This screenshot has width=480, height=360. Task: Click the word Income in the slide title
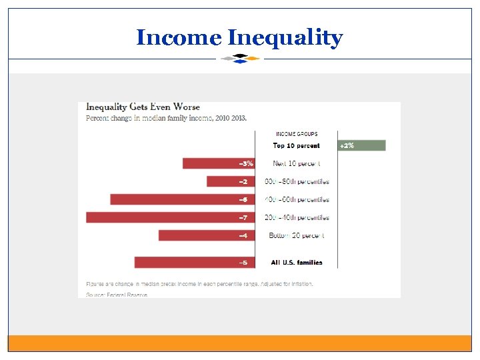coord(177,37)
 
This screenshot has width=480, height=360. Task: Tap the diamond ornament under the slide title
coord(240,58)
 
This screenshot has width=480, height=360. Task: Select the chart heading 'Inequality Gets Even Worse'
coord(139,107)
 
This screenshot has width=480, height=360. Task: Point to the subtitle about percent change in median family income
coord(166,118)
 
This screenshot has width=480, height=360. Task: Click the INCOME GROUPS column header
coord(297,134)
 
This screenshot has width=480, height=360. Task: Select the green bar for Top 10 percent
coord(361,145)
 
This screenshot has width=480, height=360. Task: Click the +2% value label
coord(347,145)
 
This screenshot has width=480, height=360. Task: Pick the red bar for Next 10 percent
coord(211,163)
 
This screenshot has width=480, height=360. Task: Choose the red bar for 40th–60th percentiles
coord(175,199)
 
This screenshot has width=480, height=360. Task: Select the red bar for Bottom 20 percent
coord(199,235)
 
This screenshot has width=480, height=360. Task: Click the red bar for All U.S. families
coord(187,263)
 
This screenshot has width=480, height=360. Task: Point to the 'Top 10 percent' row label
coord(296,146)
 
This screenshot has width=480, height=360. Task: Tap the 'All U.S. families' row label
coord(297,263)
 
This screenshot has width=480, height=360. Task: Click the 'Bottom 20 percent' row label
coord(297,235)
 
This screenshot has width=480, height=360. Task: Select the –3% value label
coord(246,163)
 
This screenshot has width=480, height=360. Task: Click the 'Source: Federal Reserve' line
coord(117,294)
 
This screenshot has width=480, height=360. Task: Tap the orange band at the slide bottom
coord(240,343)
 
